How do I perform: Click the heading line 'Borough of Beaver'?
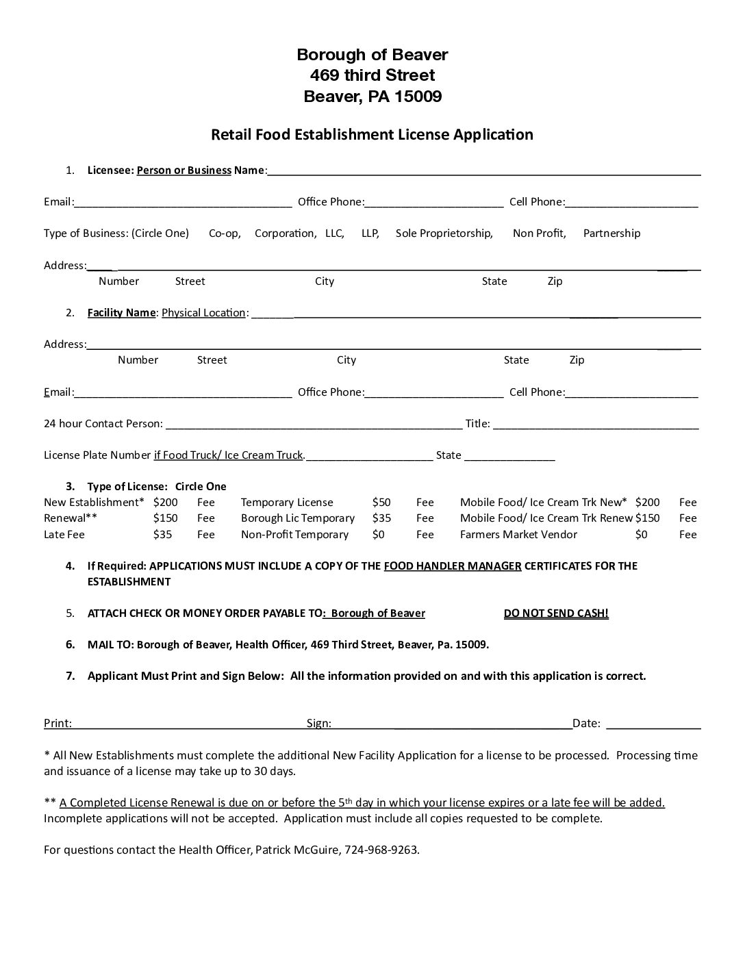pyautogui.click(x=372, y=54)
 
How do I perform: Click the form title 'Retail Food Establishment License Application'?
pyautogui.click(x=372, y=134)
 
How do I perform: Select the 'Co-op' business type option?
pyautogui.click(x=225, y=233)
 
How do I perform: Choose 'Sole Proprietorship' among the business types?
pyautogui.click(x=444, y=233)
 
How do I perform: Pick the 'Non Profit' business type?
pyautogui.click(x=539, y=233)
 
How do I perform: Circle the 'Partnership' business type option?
pyautogui.click(x=611, y=233)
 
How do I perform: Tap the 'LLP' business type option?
pyautogui.click(x=370, y=233)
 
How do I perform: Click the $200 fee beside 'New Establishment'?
pyautogui.click(x=165, y=503)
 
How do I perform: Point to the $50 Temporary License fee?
pyautogui.click(x=381, y=503)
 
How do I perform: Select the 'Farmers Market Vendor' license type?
pyautogui.click(x=518, y=535)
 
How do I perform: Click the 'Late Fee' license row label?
pyautogui.click(x=64, y=535)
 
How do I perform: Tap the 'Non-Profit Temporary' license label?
pyautogui.click(x=294, y=535)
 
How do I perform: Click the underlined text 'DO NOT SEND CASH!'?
pyautogui.click(x=556, y=613)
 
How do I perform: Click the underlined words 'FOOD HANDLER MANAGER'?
pyautogui.click(x=453, y=566)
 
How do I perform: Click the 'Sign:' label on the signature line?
pyautogui.click(x=319, y=723)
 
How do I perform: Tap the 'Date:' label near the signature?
pyautogui.click(x=586, y=723)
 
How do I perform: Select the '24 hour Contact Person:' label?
pyautogui.click(x=103, y=424)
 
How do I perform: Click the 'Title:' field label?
pyautogui.click(x=477, y=424)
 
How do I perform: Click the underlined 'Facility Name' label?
pyautogui.click(x=122, y=313)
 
